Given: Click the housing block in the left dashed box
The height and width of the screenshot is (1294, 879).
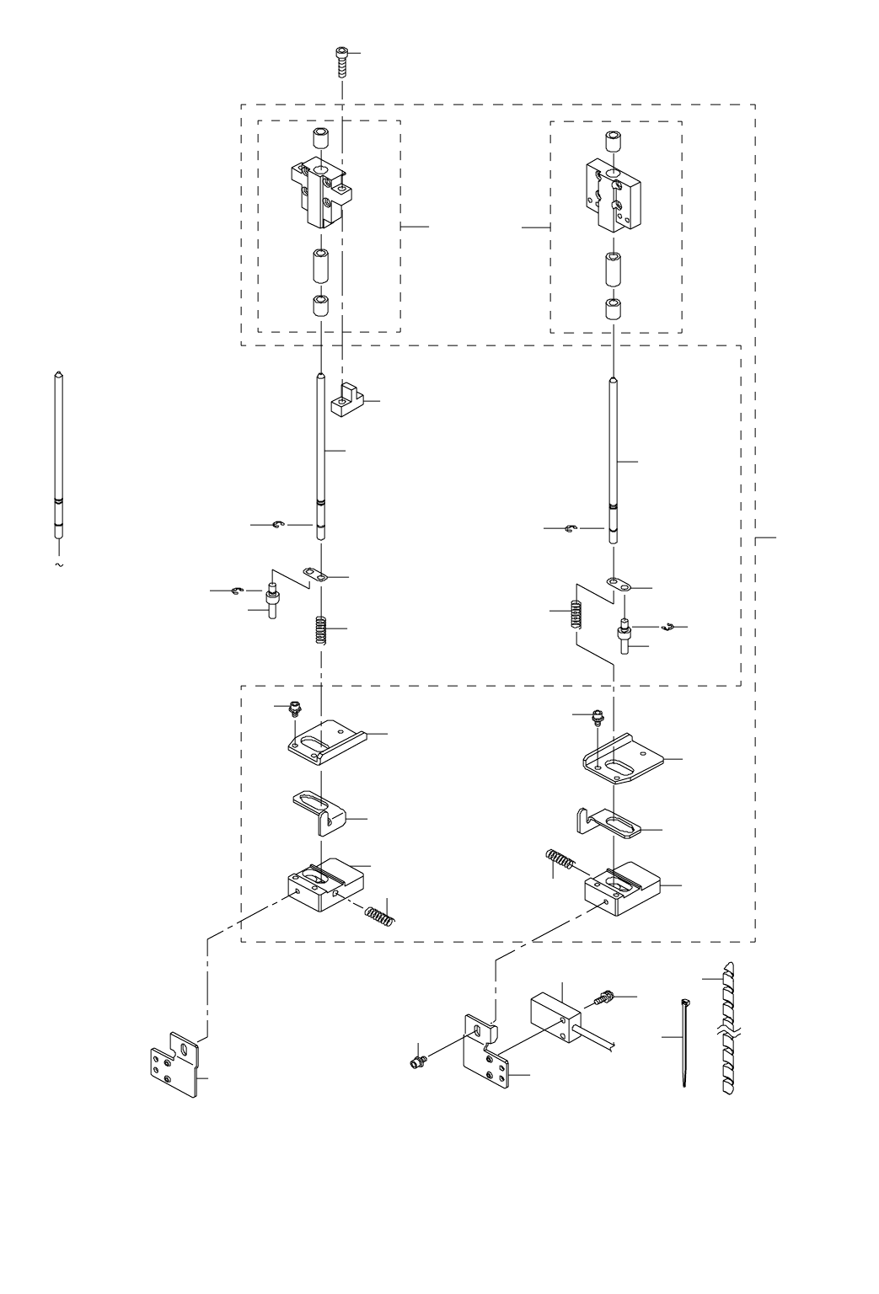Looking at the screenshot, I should (x=319, y=193).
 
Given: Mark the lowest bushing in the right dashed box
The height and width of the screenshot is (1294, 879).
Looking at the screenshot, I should (x=614, y=307).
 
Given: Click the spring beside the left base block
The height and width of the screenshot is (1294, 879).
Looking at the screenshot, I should (x=380, y=912).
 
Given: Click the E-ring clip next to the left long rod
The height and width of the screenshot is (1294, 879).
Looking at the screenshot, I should (x=280, y=526).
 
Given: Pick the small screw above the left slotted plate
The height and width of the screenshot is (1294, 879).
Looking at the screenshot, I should (x=294, y=708).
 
